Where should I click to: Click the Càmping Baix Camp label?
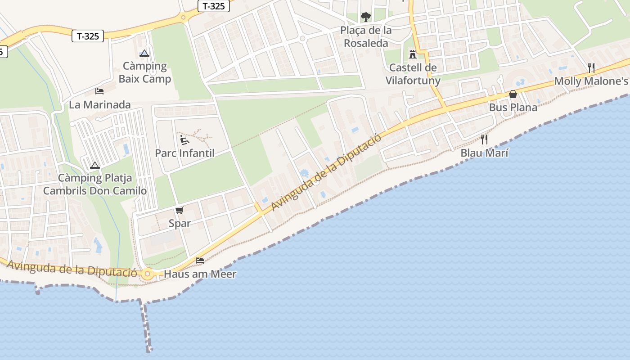point(145,72)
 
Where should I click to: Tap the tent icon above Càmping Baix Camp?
point(144,54)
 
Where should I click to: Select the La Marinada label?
point(99,105)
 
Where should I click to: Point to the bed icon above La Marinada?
point(99,91)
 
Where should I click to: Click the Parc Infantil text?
point(184,153)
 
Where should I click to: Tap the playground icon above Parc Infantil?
point(184,140)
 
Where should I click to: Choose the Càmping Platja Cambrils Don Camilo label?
point(95,184)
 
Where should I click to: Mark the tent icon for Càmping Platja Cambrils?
point(94,165)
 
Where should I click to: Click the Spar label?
point(180,223)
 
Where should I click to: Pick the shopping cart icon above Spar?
point(180,210)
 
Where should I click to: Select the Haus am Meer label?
point(200,274)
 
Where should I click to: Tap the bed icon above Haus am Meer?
point(200,261)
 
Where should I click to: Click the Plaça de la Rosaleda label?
point(366,37)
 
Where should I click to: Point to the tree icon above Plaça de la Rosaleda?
point(366,17)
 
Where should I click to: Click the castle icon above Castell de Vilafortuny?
point(412,54)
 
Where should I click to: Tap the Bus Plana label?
point(513,108)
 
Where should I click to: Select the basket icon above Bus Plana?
point(513,94)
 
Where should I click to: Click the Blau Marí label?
point(484,153)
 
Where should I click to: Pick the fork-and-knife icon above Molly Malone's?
point(591,68)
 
